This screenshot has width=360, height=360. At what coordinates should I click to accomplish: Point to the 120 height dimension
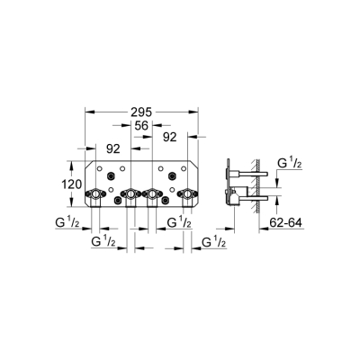pos(72,184)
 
